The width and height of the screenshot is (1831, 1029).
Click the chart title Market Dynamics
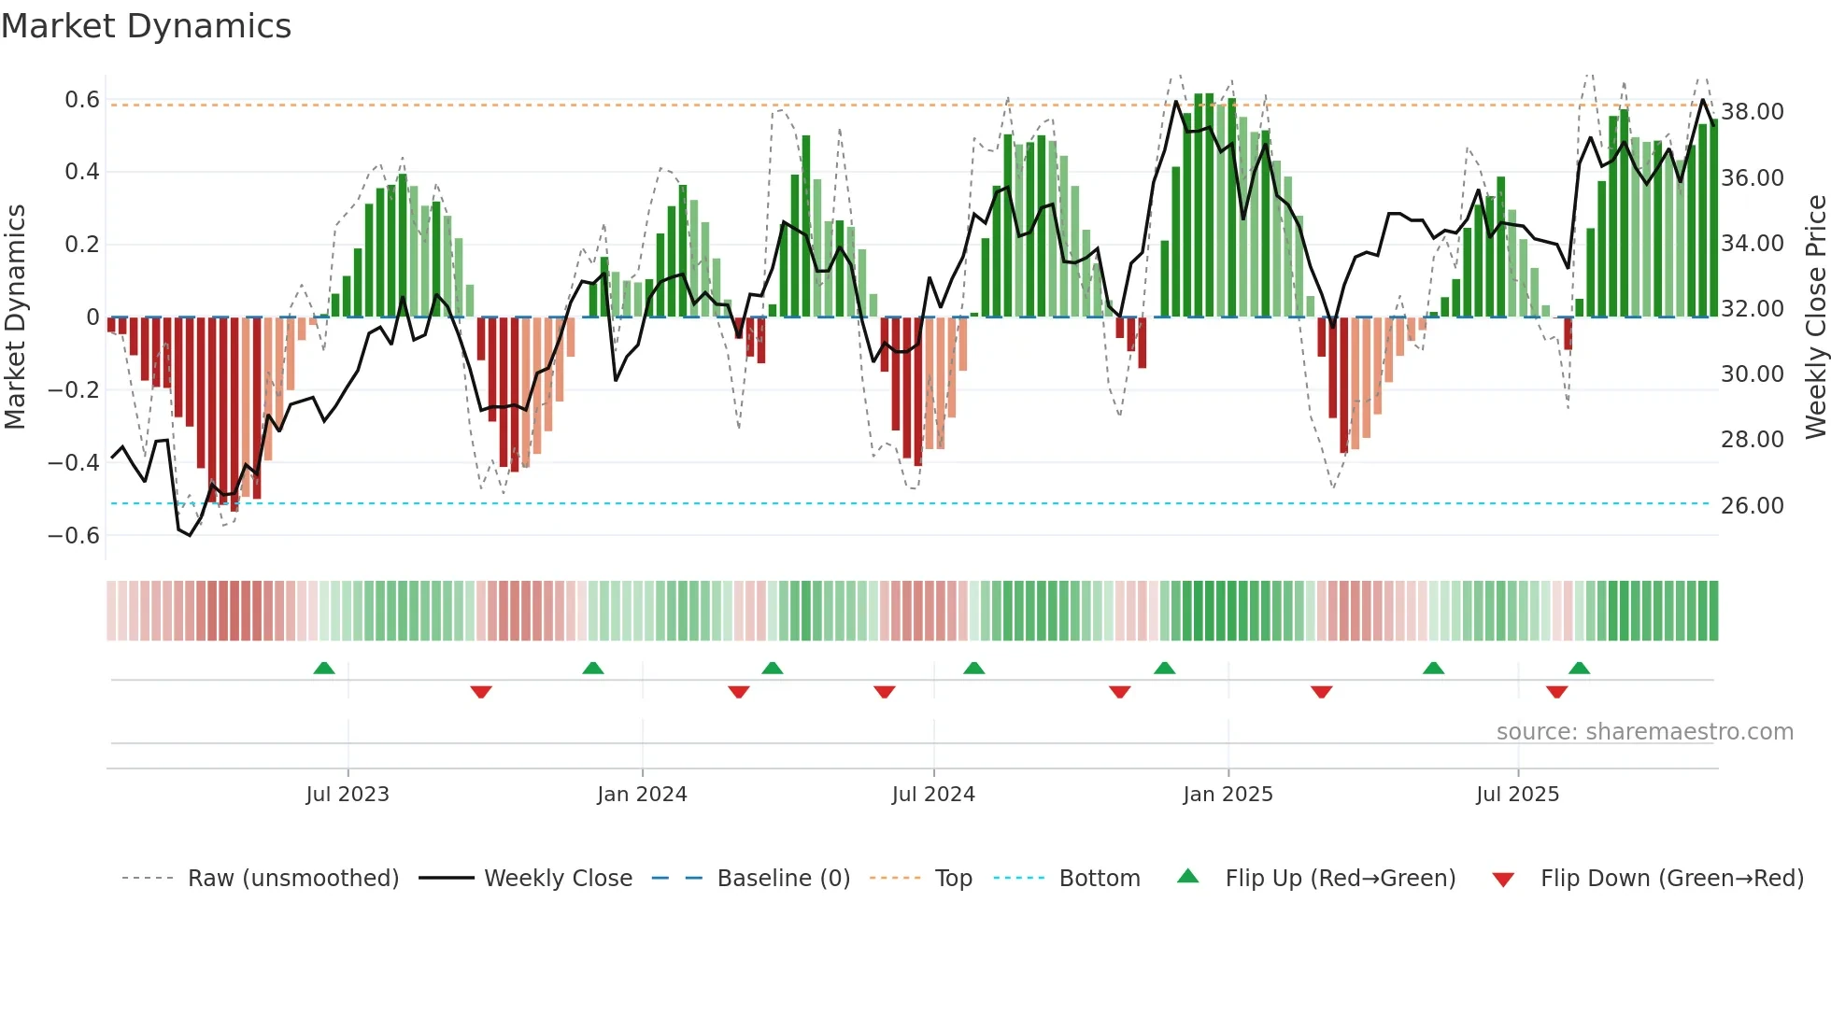tap(147, 26)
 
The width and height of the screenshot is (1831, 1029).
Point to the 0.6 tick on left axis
tap(82, 100)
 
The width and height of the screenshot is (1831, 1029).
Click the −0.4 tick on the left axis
tap(74, 462)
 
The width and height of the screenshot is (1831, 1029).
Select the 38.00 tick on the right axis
tap(1753, 112)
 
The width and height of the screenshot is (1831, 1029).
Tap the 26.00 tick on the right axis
tap(1753, 505)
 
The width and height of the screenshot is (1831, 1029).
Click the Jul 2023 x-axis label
tap(348, 795)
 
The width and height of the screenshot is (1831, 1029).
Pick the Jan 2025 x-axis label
tap(1228, 795)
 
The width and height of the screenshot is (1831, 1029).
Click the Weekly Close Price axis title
tap(1815, 317)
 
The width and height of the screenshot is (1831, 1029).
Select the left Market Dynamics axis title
tap(16, 317)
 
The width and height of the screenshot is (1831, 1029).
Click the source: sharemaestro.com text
tap(1644, 732)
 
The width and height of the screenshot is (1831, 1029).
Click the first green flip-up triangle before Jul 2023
tap(324, 669)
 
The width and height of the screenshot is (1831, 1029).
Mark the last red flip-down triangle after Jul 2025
tap(1556, 692)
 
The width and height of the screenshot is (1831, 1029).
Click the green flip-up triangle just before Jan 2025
tap(1164, 669)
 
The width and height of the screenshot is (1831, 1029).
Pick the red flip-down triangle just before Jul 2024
tap(885, 692)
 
